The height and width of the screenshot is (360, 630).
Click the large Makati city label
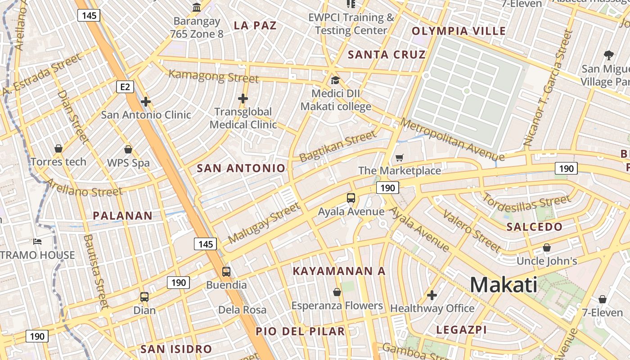coord(504,285)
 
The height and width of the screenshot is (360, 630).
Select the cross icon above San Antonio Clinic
coord(146,102)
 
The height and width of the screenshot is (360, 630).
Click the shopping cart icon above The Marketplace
coord(399,157)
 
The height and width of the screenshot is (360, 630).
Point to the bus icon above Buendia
coord(226,272)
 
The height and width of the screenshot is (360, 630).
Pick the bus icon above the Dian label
coord(144,297)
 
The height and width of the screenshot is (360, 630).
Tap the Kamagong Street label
coord(214,76)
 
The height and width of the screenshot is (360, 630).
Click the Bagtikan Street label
coord(337,146)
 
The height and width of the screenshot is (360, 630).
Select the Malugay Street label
coord(264,223)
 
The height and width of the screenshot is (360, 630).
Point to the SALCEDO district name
coord(535,227)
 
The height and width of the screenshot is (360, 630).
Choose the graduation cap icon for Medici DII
coord(335,81)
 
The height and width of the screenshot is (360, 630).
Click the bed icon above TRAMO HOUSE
coord(37,242)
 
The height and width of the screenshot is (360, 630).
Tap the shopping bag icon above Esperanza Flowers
coord(337,292)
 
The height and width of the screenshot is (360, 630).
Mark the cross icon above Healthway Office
coord(432,295)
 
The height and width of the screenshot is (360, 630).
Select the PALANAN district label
coord(123,216)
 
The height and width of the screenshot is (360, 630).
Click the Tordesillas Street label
coord(526,203)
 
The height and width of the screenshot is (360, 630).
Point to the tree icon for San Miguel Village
coord(608,55)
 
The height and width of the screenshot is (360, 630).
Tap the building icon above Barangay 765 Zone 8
coord(197,8)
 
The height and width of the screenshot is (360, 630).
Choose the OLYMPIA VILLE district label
coord(459,31)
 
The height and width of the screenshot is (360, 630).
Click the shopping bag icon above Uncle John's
coord(547,247)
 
